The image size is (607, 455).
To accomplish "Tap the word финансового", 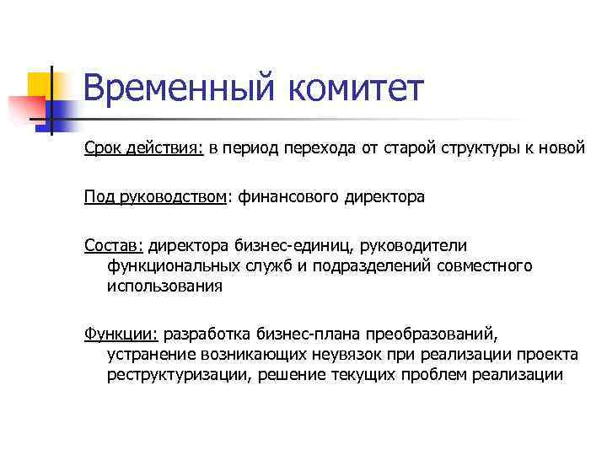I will [x=288, y=197].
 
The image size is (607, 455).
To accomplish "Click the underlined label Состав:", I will [x=115, y=245].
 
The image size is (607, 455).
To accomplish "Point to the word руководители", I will [x=413, y=245].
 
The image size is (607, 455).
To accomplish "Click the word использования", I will [x=164, y=286].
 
